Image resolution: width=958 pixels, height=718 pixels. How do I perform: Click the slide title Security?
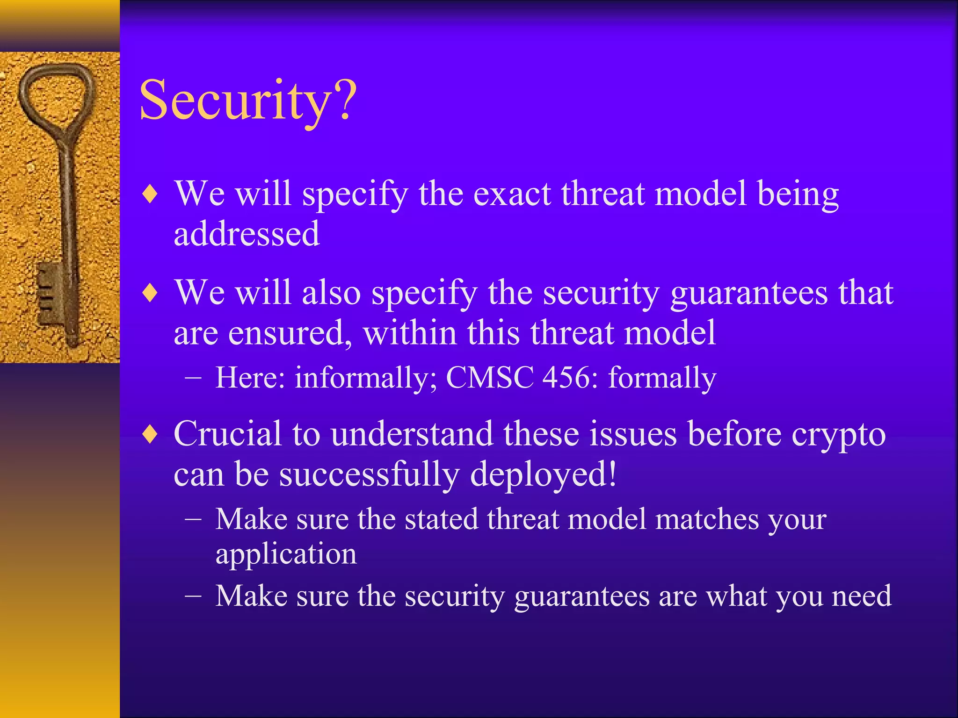tap(248, 101)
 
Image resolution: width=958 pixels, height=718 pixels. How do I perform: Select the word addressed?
tap(247, 234)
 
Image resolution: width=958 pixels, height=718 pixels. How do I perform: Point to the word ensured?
tap(290, 333)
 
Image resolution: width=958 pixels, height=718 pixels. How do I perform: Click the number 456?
tap(570, 378)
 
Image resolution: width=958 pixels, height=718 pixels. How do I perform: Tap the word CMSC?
tap(489, 378)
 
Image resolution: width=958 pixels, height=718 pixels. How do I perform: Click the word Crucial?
tap(228, 434)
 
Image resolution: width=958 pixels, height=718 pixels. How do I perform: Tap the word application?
tap(286, 555)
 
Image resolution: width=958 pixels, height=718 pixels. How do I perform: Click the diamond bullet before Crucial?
tap(150, 434)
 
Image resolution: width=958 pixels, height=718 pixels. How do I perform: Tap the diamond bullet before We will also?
tap(150, 293)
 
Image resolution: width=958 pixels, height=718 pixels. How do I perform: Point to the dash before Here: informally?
tap(193, 378)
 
